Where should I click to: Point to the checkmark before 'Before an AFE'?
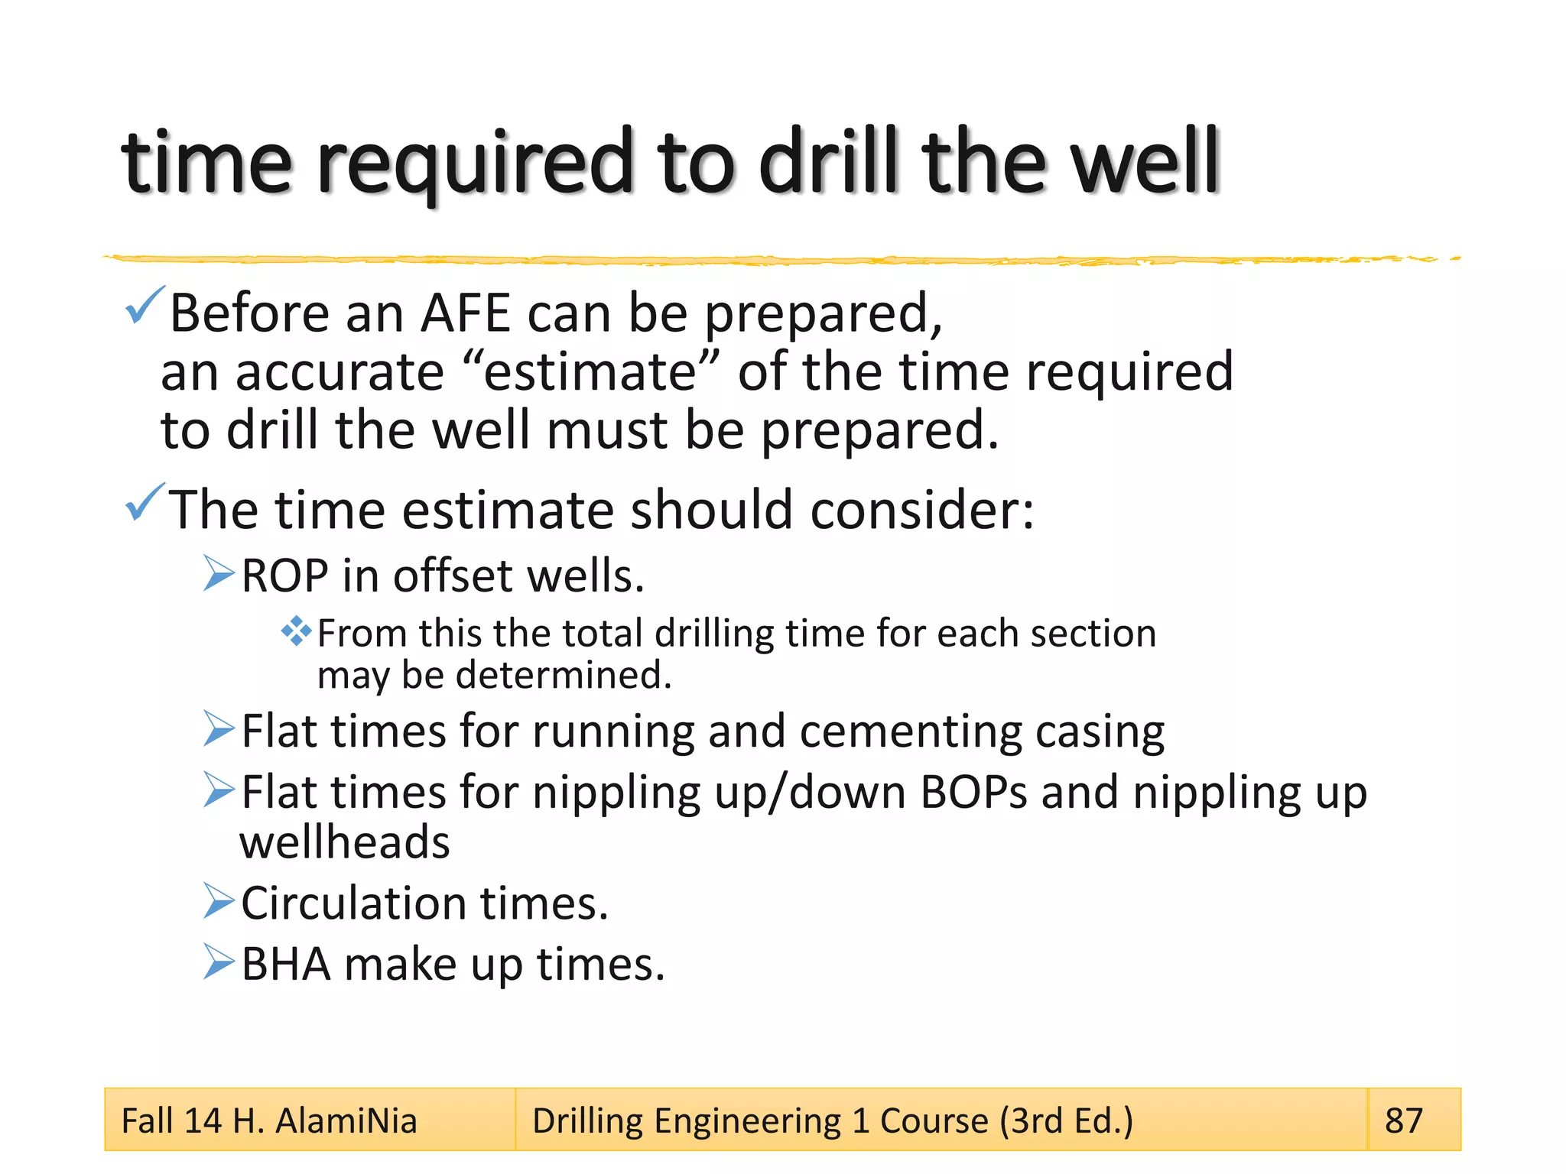click(144, 305)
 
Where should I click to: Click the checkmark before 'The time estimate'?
click(144, 502)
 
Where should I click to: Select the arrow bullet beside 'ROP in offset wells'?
click(219, 574)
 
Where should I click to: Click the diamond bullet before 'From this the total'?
click(296, 631)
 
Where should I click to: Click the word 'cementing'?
click(910, 731)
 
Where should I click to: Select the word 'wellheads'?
click(345, 842)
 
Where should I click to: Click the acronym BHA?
click(286, 964)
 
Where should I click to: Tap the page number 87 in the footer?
click(1403, 1120)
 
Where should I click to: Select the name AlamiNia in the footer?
click(346, 1121)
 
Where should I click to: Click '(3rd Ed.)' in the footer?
click(1066, 1121)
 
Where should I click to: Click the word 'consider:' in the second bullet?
click(921, 510)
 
